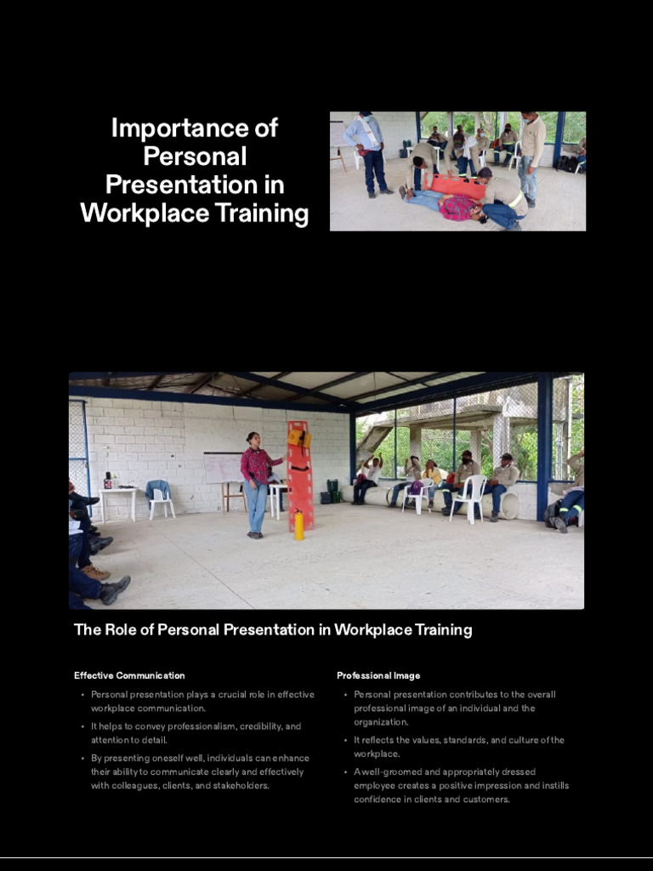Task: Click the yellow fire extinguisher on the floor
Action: coord(298,524)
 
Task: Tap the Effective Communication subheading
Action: coord(129,675)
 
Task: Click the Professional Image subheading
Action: coord(378,675)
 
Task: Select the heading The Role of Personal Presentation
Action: coord(273,630)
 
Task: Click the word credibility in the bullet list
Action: coord(260,726)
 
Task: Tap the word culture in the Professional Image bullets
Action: coord(508,740)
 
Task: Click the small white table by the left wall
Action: coord(117,500)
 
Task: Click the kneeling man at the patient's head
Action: coord(501,200)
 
